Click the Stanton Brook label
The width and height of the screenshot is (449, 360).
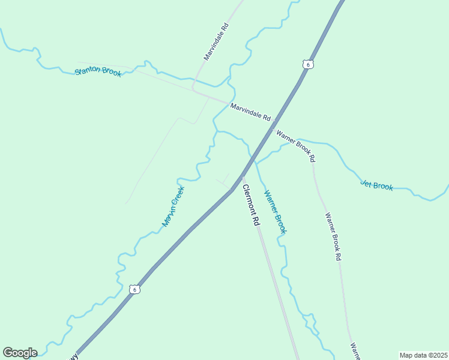pos(98,71)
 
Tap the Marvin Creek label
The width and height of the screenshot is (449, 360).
pos(173,206)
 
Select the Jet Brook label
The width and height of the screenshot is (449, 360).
pos(376,185)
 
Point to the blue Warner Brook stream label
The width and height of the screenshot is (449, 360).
pos(276,212)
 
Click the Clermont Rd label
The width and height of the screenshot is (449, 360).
pos(251,205)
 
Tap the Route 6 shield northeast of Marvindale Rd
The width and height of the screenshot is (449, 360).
pos(308,64)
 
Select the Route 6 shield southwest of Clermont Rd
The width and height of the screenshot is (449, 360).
pos(134,289)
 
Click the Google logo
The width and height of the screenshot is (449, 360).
pos(20,353)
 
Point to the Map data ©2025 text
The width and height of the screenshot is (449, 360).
pos(423,355)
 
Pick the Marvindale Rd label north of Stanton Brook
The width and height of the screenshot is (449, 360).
pos(216,42)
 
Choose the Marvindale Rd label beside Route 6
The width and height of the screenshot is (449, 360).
pos(250,111)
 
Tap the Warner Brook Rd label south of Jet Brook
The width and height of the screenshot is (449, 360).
pos(333,236)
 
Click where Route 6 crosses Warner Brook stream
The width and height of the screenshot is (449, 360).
pos(255,158)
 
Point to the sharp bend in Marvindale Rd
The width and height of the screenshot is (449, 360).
pos(193,89)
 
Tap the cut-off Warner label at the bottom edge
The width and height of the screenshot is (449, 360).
pos(355,351)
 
